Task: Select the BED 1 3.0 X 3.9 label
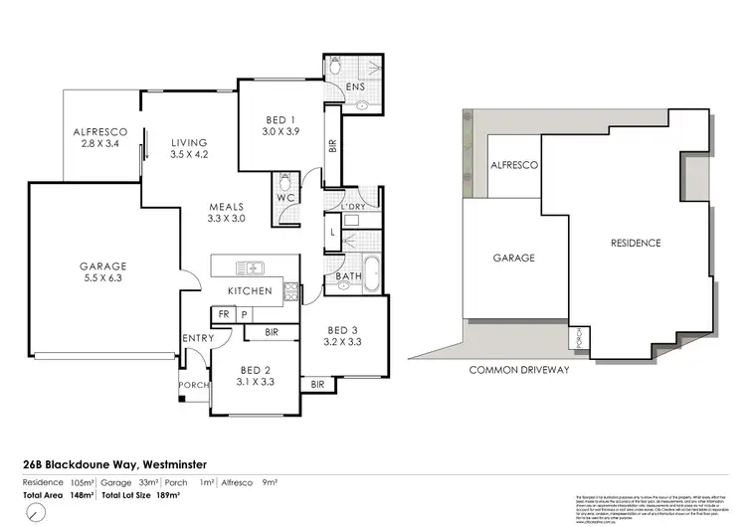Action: point(280,125)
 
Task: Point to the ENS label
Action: point(355,87)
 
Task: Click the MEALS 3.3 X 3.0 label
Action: point(226,211)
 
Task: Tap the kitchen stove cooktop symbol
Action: point(291,291)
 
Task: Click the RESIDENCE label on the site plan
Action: point(636,242)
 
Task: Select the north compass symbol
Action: point(36,511)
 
